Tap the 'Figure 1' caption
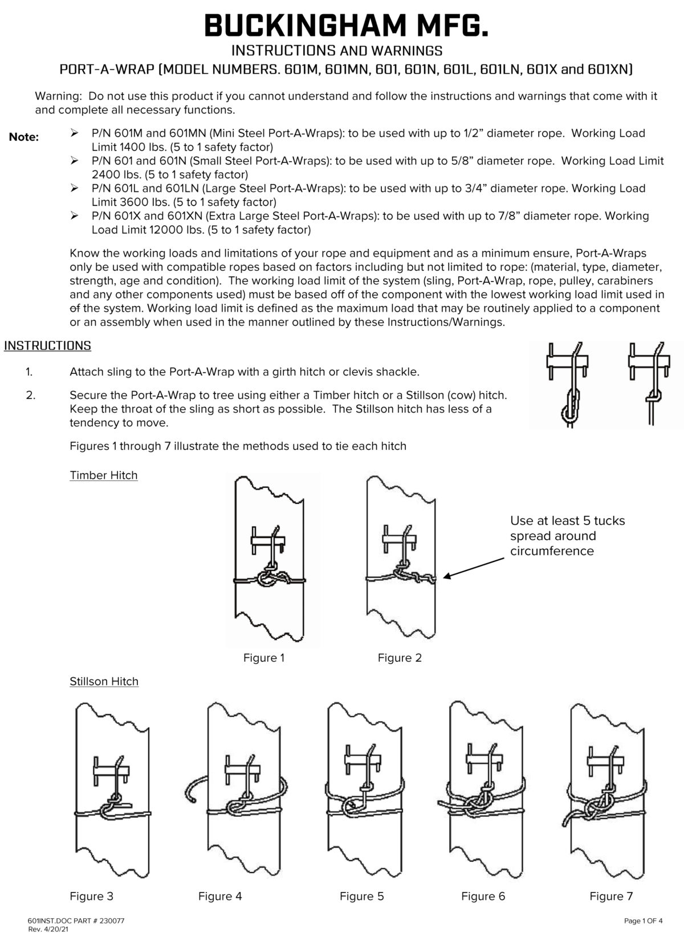point(264,658)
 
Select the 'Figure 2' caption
point(400,658)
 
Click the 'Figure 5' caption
point(361,897)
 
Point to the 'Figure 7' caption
point(611,897)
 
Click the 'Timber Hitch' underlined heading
point(103,475)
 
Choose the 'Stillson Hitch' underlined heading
point(104,682)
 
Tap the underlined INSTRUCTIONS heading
point(47,346)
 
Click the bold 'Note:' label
point(24,137)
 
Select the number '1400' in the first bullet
point(129,147)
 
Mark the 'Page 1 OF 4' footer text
point(643,920)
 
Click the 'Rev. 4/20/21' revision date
point(48,929)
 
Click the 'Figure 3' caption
point(91,897)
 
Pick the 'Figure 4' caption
point(220,897)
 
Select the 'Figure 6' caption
point(483,897)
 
